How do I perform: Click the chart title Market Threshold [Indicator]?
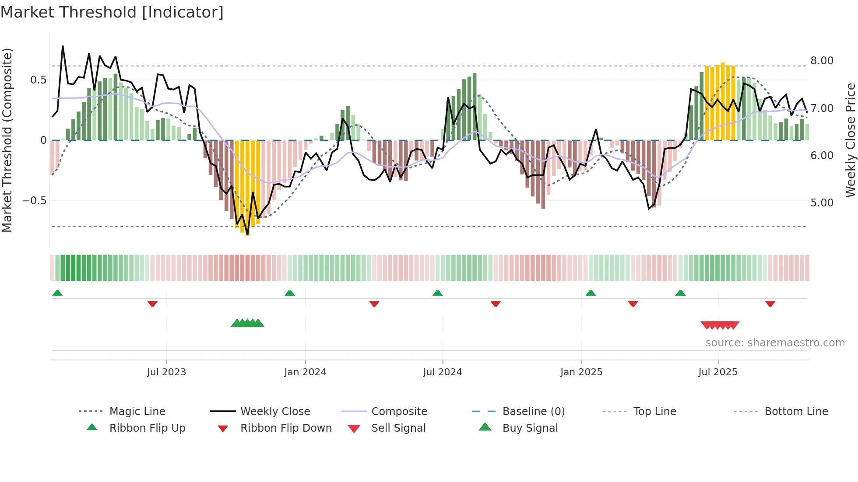point(112,12)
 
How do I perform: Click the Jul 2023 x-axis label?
point(166,372)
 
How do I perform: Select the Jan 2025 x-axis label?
point(581,372)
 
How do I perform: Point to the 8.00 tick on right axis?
point(822,61)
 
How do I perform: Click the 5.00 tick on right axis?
point(822,203)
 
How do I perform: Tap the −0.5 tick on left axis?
point(34,201)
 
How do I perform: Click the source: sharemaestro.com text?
point(775,343)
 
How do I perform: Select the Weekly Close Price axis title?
point(850,140)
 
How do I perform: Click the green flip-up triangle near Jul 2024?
point(437,293)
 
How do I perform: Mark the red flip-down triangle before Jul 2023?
point(152,304)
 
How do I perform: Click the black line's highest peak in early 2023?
point(63,46)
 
